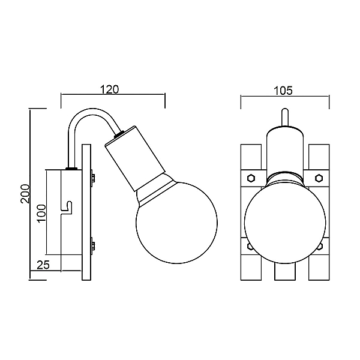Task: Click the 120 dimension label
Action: (x=110, y=89)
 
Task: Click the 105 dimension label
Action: (x=283, y=91)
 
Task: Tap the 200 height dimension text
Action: (x=25, y=194)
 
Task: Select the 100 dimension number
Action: (x=41, y=213)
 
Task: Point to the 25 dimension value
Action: (x=43, y=265)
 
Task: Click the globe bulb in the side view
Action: (x=176, y=223)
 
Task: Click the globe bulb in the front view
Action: (x=285, y=222)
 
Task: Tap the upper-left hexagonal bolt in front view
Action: (x=251, y=178)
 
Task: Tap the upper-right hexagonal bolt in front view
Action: (x=319, y=178)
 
